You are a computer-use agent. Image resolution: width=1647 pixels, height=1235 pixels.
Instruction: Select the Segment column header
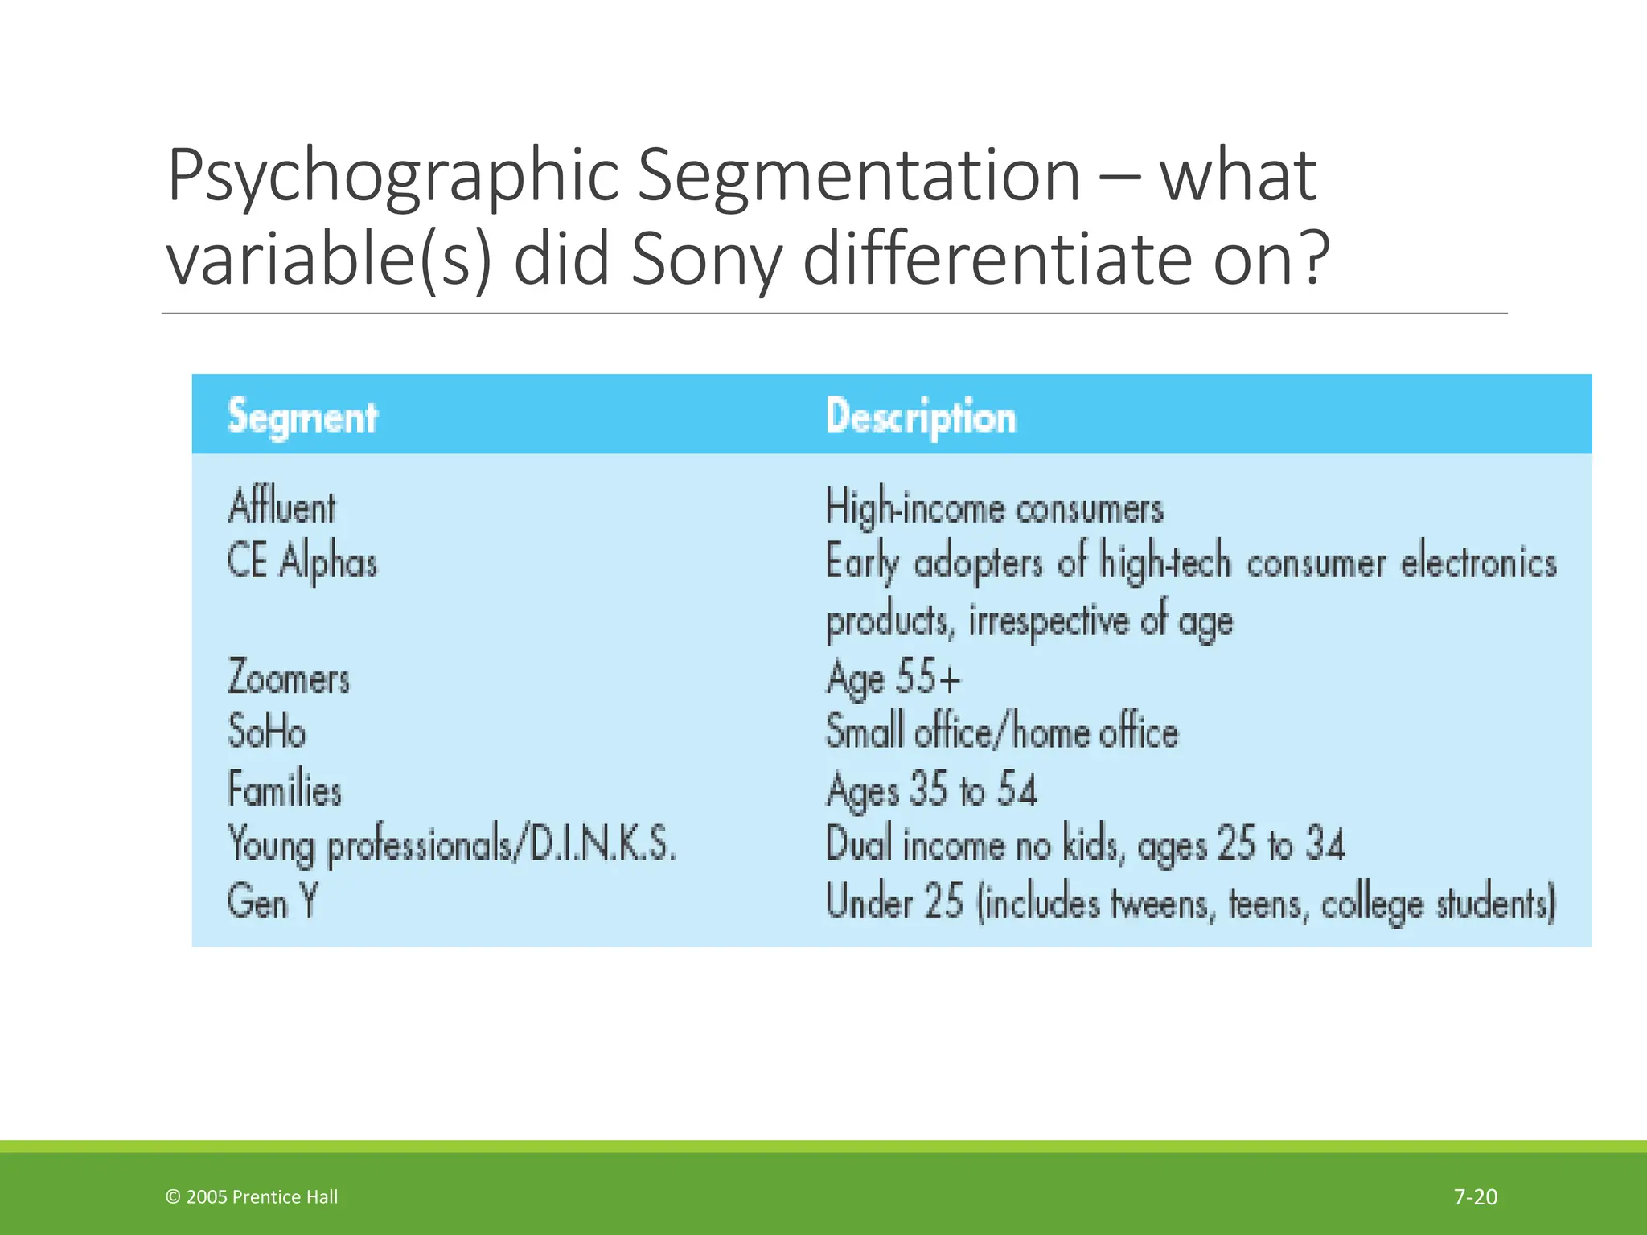(302, 416)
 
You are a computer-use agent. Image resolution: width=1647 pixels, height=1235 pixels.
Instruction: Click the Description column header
(921, 416)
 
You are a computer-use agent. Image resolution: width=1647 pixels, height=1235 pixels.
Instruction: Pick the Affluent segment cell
(281, 507)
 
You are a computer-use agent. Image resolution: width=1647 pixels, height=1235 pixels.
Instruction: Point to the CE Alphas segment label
(302, 561)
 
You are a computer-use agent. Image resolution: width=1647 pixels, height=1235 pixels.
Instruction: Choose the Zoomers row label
(289, 677)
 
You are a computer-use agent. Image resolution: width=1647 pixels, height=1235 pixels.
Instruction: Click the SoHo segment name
(266, 732)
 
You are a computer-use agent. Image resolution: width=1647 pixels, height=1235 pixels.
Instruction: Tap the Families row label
(285, 789)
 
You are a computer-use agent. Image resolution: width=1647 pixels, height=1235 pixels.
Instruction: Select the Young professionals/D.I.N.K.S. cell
(452, 845)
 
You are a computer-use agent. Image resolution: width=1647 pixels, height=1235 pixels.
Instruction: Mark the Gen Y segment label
(273, 901)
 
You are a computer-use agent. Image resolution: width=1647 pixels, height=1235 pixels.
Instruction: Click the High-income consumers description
(994, 508)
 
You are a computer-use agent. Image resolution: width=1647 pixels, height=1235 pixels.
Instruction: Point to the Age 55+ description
(893, 677)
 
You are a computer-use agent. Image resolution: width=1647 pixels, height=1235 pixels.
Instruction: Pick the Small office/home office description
(1001, 732)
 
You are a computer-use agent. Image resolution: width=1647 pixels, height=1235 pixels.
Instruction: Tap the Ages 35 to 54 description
(931, 789)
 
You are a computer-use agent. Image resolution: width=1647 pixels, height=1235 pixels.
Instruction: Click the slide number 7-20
(1476, 1197)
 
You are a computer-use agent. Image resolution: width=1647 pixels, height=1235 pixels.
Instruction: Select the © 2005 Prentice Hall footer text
(252, 1197)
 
